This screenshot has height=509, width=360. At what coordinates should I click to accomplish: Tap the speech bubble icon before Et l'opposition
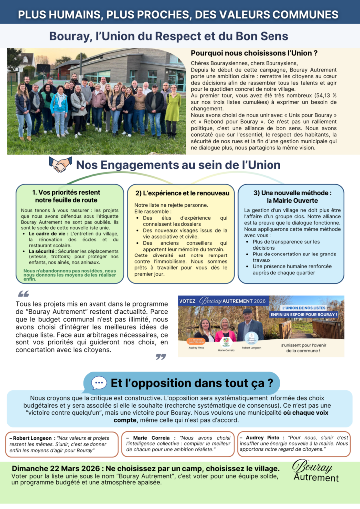click(x=99, y=383)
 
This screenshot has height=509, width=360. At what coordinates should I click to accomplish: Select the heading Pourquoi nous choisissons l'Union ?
click(x=254, y=53)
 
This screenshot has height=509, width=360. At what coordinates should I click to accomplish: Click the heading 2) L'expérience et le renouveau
click(x=182, y=193)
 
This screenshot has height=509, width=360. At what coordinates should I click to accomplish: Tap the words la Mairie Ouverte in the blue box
click(x=292, y=200)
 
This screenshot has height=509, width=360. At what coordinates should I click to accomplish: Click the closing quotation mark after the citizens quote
click(x=160, y=356)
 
